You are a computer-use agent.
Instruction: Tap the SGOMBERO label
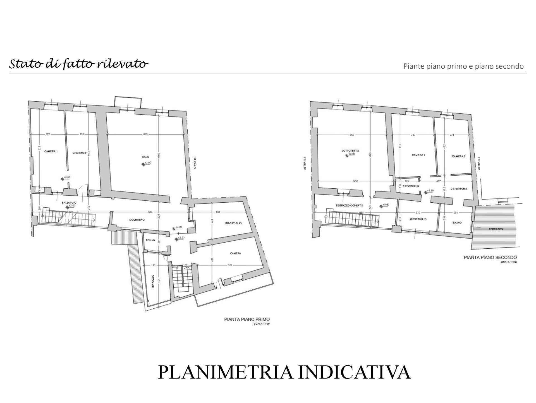(137, 220)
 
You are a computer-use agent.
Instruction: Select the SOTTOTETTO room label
(350, 151)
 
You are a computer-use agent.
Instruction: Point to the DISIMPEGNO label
(459, 189)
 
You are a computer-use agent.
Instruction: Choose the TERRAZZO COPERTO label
(349, 205)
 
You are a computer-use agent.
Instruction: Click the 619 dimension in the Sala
(145, 134)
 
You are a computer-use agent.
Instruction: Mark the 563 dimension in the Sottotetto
(352, 135)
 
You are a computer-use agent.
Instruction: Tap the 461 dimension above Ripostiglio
(218, 212)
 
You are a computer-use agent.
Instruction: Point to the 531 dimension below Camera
(230, 265)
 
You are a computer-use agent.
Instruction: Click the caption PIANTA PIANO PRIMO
(247, 319)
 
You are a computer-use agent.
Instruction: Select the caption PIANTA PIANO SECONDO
(490, 257)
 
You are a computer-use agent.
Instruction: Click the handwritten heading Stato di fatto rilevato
(79, 64)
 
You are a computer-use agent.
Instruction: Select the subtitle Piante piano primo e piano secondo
(463, 66)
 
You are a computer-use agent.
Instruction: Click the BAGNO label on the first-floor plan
(150, 240)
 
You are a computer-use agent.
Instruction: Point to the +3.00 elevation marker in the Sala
(148, 163)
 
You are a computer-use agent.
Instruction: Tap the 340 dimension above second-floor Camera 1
(413, 135)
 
